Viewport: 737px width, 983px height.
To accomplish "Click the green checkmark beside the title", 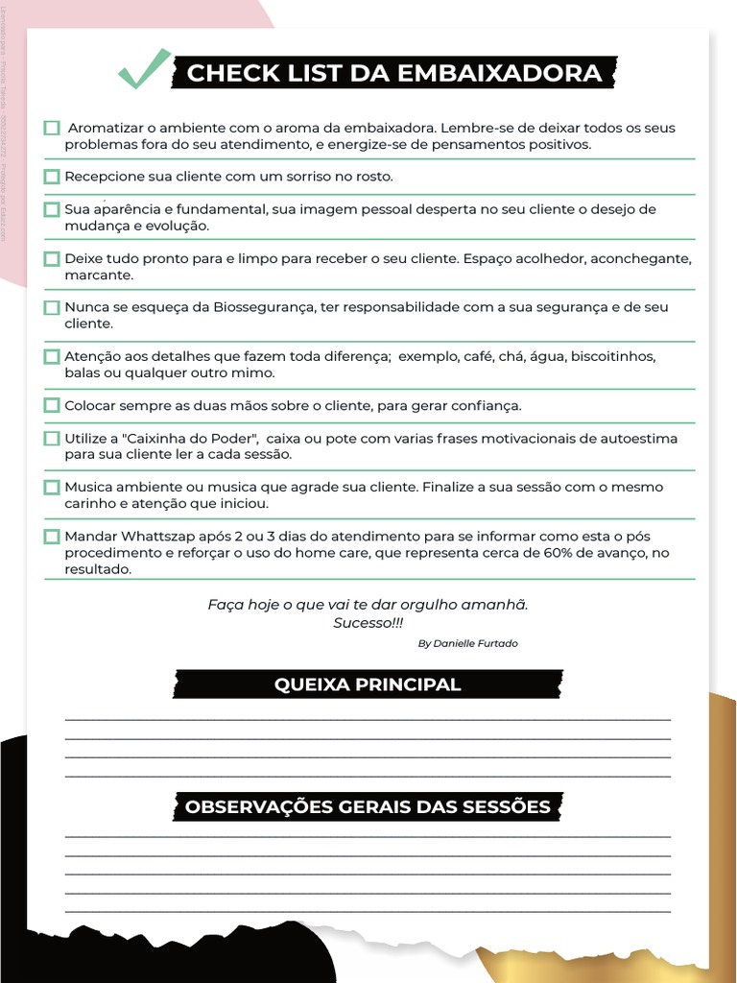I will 144,70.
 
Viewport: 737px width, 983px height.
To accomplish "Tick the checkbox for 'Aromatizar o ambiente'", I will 52,128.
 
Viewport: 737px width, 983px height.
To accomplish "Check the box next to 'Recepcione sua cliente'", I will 52,177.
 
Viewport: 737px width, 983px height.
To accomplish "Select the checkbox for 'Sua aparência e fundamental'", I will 52,209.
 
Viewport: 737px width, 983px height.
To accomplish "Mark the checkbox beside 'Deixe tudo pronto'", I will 52,258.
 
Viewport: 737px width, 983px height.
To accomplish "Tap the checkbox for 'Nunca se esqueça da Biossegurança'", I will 52,307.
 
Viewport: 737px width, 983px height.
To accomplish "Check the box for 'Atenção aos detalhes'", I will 52,356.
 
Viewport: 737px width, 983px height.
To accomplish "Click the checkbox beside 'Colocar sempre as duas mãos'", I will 52,405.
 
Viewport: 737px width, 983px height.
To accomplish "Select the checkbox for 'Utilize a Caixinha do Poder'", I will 52,438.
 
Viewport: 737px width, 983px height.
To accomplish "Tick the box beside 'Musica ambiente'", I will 52,487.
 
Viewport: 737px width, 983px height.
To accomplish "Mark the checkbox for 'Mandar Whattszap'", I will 52,536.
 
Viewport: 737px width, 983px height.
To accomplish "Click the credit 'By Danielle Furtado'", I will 467,643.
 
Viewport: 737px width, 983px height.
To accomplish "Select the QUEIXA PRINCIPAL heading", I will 368,684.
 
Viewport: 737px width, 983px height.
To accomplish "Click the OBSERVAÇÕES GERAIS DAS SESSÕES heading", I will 368,806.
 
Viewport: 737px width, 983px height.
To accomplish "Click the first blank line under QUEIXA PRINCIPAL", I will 368,718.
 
